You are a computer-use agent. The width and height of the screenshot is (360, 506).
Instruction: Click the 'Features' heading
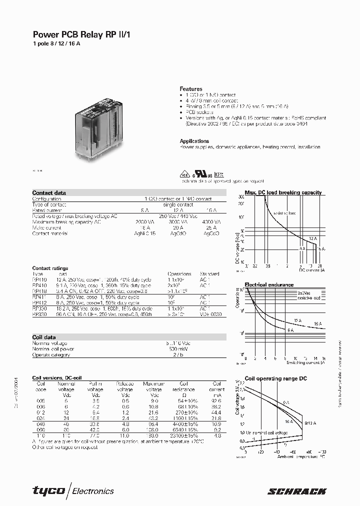click(x=191, y=89)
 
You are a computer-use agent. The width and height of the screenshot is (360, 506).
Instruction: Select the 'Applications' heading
click(x=194, y=141)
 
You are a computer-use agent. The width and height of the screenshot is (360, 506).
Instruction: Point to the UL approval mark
click(x=201, y=175)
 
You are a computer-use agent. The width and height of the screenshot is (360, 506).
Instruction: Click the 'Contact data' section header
click(x=49, y=193)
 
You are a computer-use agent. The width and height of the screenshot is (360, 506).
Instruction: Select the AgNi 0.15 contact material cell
click(x=145, y=233)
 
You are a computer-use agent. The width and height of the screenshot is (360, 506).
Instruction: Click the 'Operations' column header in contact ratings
click(x=179, y=274)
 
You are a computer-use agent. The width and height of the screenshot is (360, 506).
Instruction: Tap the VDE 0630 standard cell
click(x=209, y=315)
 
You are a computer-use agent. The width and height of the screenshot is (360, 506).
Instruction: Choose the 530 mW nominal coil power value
click(x=172, y=349)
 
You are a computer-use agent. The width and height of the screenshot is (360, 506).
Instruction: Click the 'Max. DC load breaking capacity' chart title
click(x=283, y=192)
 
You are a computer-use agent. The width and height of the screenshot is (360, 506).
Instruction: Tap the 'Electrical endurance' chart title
click(x=269, y=285)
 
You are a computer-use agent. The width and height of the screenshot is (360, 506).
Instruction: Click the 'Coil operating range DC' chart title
click(x=275, y=378)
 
